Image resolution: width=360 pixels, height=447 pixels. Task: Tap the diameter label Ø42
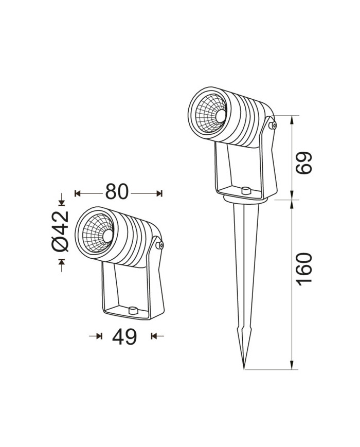[x=61, y=231]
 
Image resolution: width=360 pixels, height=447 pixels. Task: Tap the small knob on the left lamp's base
[x=133, y=310]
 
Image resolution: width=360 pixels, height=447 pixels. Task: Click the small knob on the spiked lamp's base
[x=245, y=191]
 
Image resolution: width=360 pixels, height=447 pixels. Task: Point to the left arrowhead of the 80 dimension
[x=78, y=193]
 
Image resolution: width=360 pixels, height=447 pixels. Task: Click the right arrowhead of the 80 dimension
[x=159, y=193]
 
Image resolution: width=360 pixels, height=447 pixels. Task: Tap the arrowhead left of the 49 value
[x=99, y=336]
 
